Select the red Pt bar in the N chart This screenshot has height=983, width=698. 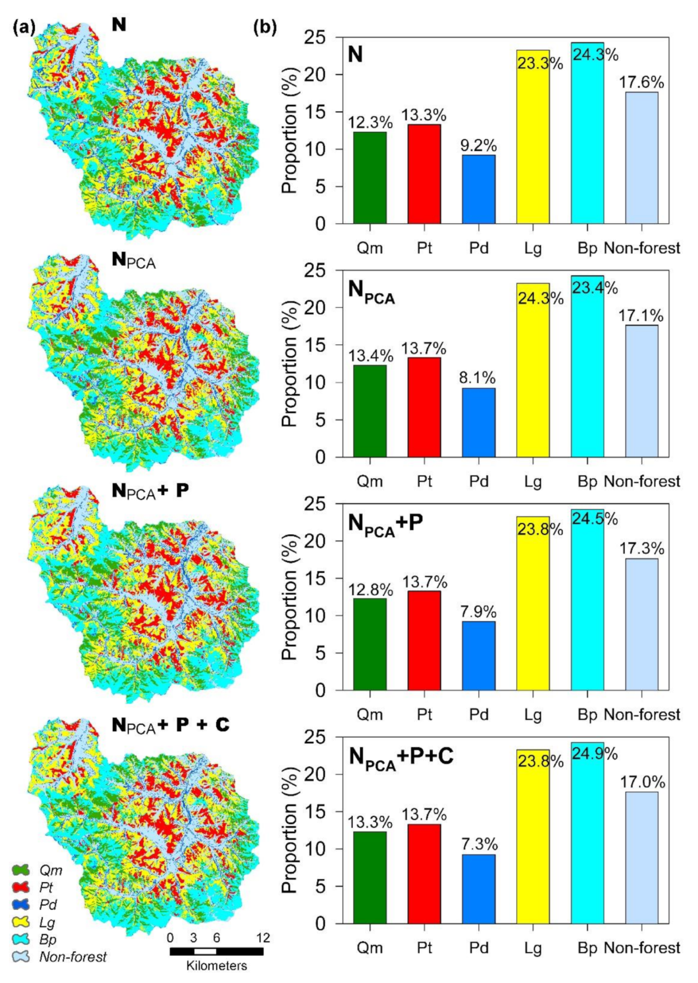click(424, 174)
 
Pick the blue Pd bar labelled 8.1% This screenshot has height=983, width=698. click(479, 422)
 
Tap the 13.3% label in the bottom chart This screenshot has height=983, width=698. click(370, 823)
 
